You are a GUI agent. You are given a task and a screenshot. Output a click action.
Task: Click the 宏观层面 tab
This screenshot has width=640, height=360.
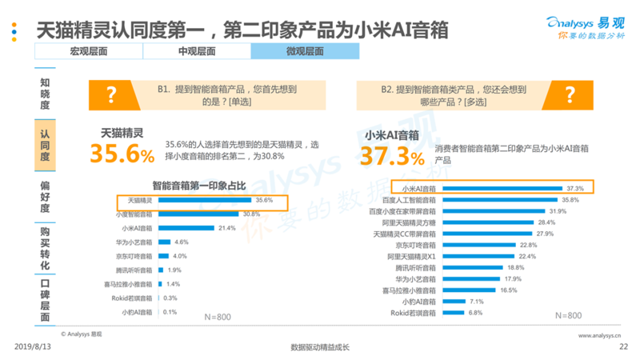[88, 51]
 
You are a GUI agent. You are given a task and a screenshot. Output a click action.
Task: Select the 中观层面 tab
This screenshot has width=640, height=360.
[196, 51]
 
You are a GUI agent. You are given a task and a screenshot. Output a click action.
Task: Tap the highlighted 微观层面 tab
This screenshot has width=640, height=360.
[304, 51]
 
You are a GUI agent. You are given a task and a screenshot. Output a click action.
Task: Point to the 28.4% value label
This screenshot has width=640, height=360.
[546, 222]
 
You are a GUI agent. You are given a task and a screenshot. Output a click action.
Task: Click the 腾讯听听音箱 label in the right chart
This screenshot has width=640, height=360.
[413, 267]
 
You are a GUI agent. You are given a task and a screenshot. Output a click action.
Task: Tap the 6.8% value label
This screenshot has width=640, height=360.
[475, 313]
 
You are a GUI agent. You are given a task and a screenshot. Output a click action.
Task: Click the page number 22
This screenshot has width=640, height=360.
[623, 346]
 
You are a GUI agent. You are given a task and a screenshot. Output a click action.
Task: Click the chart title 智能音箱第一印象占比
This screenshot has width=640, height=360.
[187, 186]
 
